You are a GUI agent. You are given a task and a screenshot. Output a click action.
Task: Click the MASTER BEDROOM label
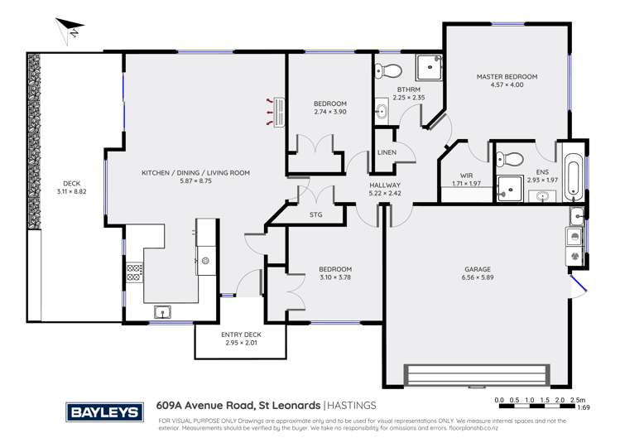pyautogui.click(x=507, y=77)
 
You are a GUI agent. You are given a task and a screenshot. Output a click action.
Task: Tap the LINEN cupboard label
pyautogui.click(x=387, y=153)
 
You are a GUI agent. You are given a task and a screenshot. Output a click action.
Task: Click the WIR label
pyautogui.click(x=469, y=175)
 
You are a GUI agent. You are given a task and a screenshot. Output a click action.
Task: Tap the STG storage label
pyautogui.click(x=315, y=215)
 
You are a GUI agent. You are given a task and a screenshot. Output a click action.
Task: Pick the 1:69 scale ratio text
pyautogui.click(x=583, y=407)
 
